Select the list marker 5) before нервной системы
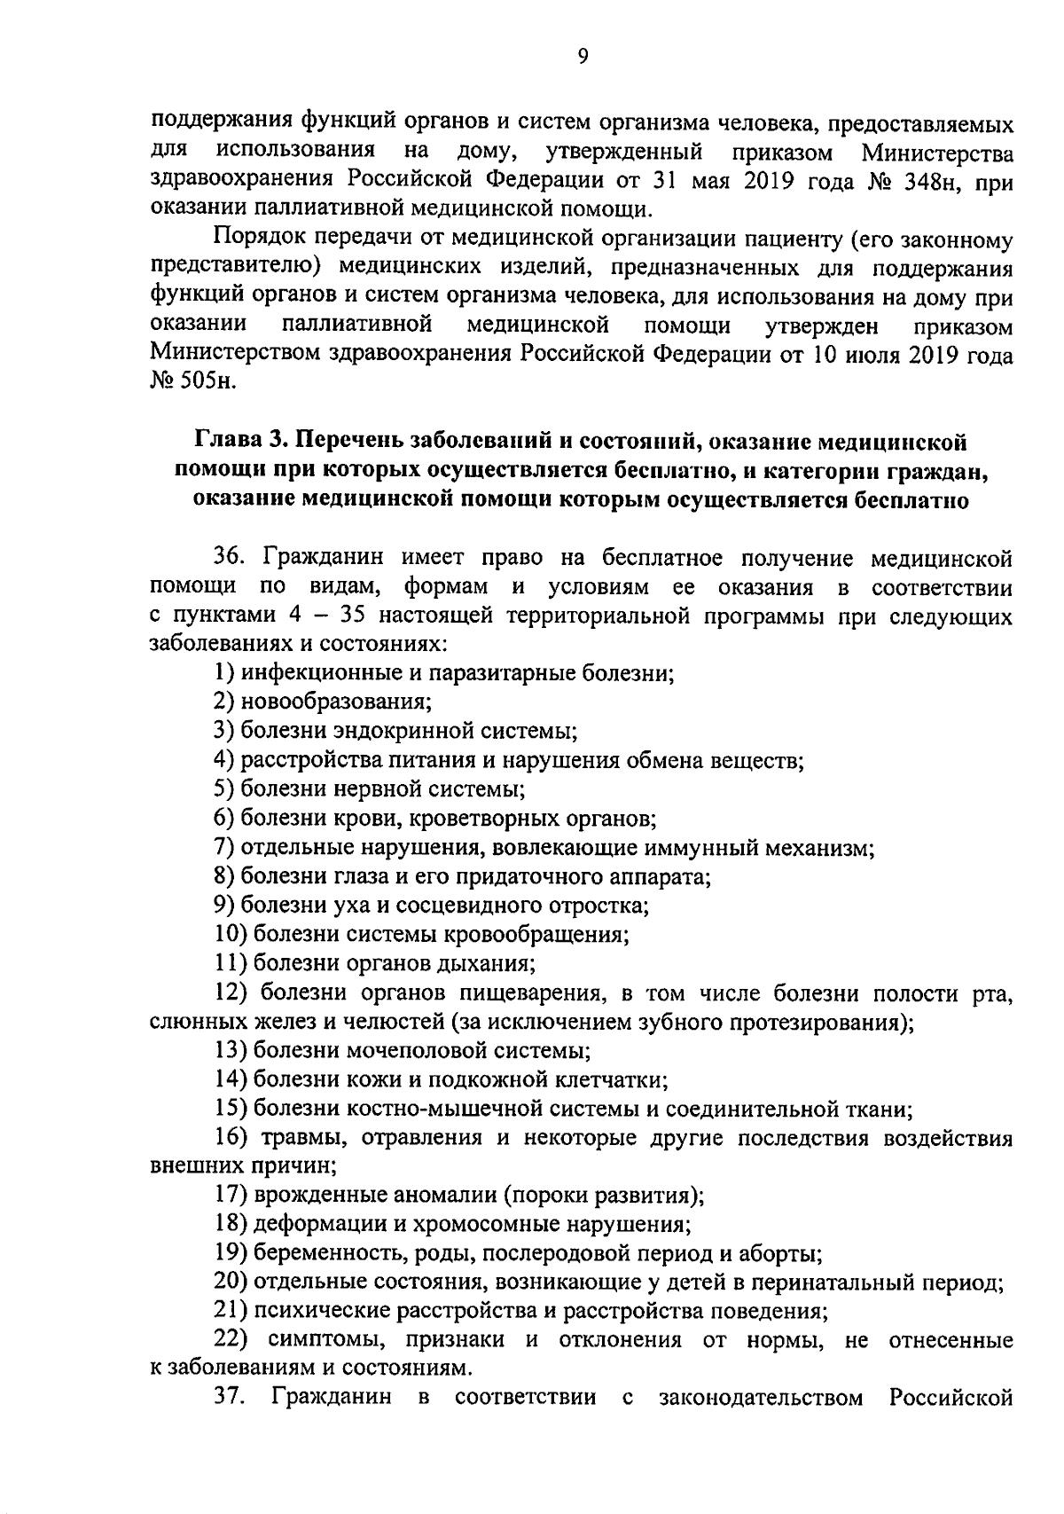(x=224, y=788)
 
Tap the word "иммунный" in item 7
(x=689, y=848)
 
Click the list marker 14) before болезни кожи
(x=231, y=1080)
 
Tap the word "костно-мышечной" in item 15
(x=422, y=1109)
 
